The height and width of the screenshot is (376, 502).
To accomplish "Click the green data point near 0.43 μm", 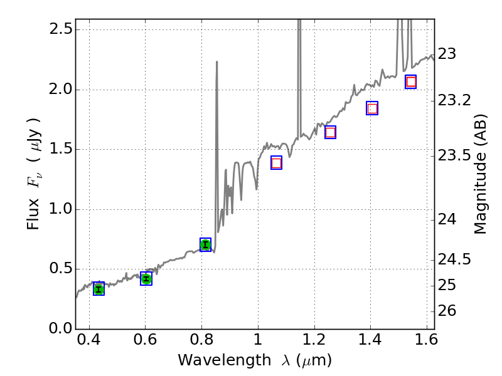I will [99, 288].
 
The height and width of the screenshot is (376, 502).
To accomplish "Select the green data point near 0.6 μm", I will [146, 279].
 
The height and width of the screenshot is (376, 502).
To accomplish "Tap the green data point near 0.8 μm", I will [205, 244].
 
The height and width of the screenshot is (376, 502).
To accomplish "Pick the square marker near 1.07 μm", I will [276, 163].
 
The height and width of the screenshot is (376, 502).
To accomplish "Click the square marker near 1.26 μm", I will [330, 132].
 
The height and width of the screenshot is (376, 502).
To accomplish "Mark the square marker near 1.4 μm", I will [372, 108].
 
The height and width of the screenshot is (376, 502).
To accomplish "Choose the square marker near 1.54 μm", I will [411, 81].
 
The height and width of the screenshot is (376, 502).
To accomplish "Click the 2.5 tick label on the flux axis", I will [58, 30].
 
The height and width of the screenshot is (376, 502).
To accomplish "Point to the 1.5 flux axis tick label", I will [58, 150].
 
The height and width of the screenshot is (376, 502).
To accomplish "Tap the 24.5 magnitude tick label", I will [454, 259].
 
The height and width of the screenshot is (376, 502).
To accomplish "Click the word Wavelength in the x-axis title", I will [213, 360].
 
